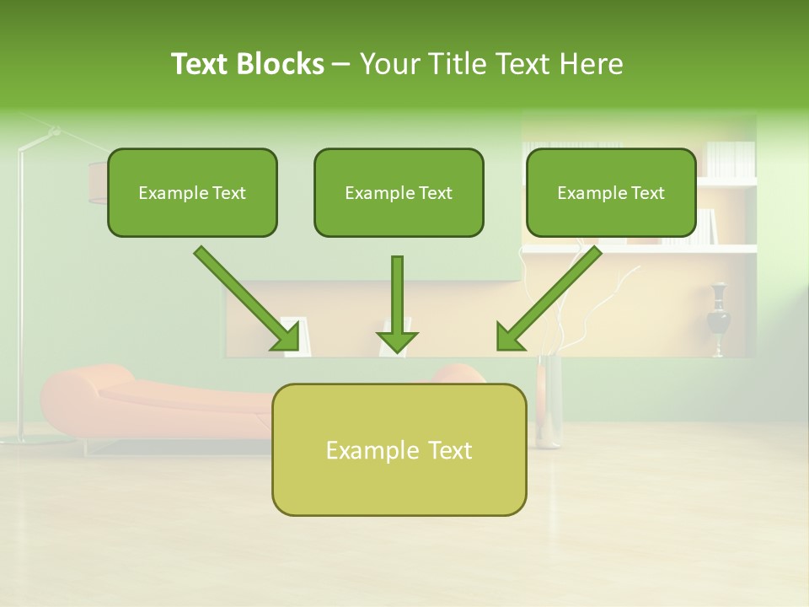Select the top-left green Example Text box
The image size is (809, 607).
point(192,192)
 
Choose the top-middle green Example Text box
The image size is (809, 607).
point(399,192)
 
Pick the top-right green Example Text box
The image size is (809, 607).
point(611,192)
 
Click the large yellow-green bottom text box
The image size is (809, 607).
point(399,449)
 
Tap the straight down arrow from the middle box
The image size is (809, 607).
point(397,303)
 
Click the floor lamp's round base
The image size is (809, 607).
point(25,439)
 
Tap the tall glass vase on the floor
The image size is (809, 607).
point(549,400)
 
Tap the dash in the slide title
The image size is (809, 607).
point(341,65)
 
